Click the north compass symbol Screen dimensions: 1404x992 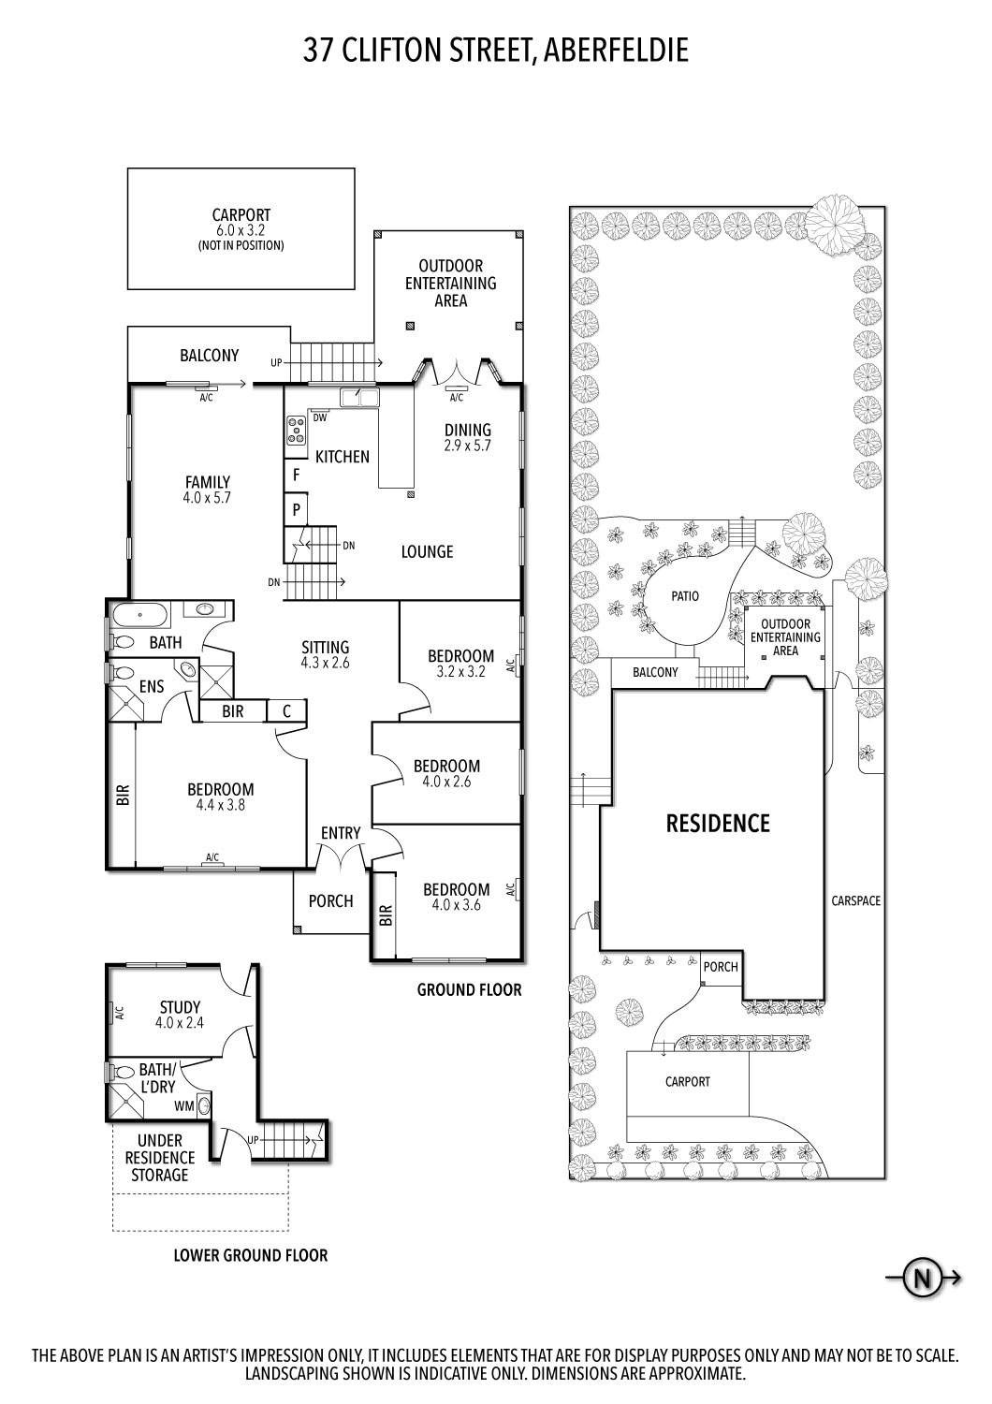(922, 1278)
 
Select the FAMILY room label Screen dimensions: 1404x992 (207, 483)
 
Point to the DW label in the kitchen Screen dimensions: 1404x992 (319, 417)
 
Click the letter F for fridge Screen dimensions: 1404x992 (296, 475)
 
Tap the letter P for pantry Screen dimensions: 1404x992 (296, 510)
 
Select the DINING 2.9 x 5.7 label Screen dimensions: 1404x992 (467, 438)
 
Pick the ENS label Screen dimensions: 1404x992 (152, 687)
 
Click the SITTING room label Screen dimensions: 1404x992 (325, 647)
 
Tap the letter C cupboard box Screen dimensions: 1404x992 (287, 711)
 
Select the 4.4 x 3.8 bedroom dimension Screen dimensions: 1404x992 (220, 804)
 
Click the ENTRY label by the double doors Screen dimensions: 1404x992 (340, 833)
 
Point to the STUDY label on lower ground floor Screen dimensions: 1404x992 (179, 1008)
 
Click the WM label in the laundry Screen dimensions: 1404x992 (185, 1105)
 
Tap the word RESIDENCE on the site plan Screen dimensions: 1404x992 (717, 823)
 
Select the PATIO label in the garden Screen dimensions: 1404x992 (684, 596)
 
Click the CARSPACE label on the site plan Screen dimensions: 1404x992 (855, 901)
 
